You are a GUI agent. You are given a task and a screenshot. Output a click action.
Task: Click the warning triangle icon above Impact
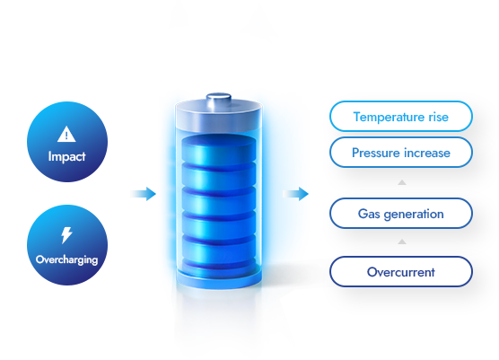(x=66, y=135)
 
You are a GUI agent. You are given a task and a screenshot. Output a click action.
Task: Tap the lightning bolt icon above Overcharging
(x=66, y=235)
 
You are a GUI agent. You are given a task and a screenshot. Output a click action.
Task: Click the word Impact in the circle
(x=66, y=156)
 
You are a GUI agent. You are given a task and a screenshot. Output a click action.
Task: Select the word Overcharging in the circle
(x=66, y=260)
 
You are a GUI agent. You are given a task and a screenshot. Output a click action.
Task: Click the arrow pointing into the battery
(x=144, y=194)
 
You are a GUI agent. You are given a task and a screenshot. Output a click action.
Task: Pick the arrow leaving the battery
(x=295, y=194)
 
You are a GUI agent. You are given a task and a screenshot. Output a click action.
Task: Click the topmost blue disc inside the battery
(x=219, y=149)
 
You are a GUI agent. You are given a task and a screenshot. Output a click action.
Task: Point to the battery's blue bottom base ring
(x=219, y=279)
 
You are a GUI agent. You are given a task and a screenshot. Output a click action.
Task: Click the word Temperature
(x=389, y=117)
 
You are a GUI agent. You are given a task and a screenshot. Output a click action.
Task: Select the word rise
(x=439, y=117)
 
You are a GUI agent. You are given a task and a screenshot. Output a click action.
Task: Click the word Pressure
(x=373, y=153)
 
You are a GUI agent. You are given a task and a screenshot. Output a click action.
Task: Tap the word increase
(x=425, y=154)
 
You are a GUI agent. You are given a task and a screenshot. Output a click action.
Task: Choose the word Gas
(x=369, y=214)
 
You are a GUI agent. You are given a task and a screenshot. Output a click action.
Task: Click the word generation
(x=414, y=215)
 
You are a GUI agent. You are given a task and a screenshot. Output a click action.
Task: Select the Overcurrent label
(x=401, y=272)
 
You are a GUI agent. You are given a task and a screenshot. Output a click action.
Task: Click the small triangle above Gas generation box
(x=402, y=182)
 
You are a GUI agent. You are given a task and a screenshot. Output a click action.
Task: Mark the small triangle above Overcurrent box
(x=402, y=241)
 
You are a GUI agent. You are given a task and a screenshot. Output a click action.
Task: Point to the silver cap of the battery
(x=219, y=116)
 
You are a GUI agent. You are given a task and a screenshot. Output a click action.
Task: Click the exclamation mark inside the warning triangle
(x=66, y=136)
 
